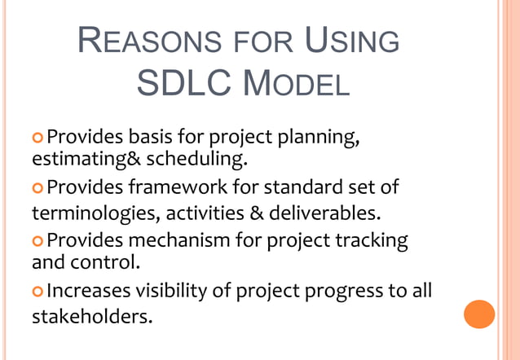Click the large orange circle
pyautogui.click(x=479, y=314)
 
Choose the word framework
pyautogui.click(x=175, y=188)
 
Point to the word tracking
pyautogui.click(x=371, y=241)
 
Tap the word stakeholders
pyautogui.click(x=91, y=315)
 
